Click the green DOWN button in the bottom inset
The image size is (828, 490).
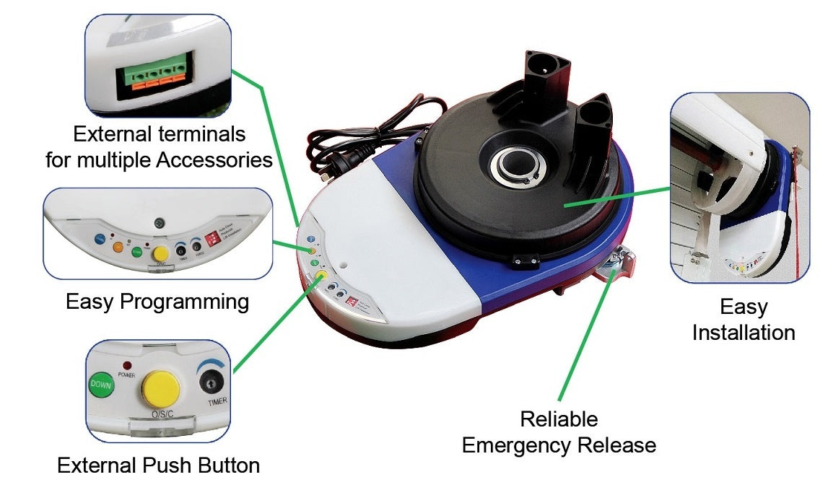(100, 385)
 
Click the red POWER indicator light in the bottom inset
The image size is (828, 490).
(127, 366)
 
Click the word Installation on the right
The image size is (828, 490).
(744, 332)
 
